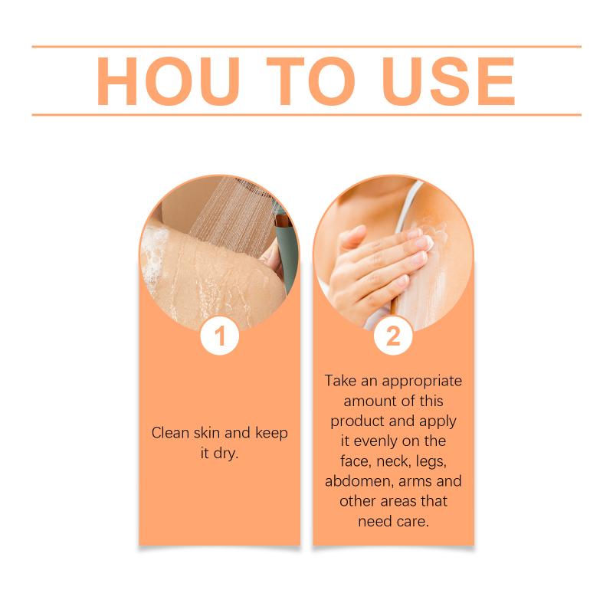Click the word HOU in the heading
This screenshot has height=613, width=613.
coord(168,81)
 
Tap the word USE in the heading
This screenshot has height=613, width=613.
coord(448,81)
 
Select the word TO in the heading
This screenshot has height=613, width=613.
coord(310,81)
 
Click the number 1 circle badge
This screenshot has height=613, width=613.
coord(220,336)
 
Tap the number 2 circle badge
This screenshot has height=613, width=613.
coord(393,336)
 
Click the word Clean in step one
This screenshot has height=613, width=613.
coord(170,433)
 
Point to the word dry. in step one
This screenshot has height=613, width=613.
coord(225,454)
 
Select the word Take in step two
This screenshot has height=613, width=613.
coord(340,381)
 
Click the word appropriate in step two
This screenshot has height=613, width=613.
coord(422,382)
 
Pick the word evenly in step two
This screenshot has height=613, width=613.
coord(375,442)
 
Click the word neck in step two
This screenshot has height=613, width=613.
coord(393,462)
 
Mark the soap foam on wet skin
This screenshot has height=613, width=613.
coord(155,254)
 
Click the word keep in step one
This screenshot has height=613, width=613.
coord(271,434)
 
